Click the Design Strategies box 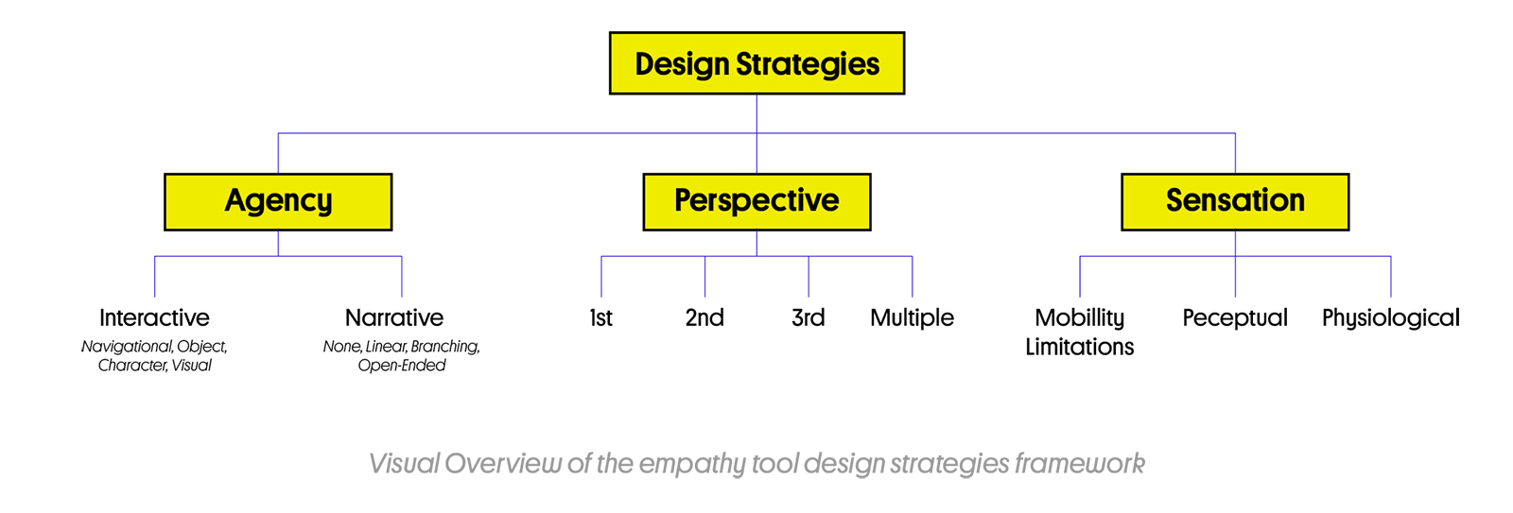pos(756,62)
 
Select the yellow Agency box pos(278,202)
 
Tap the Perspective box pos(756,202)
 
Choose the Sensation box pos(1235,202)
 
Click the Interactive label pos(154,317)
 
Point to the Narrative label pos(394,317)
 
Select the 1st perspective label pos(600,317)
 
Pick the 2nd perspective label pos(704,317)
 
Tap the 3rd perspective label pos(808,317)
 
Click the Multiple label pos(912,317)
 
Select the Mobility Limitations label pos(1079,332)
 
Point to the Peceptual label pos(1235,318)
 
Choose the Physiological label pos(1391,318)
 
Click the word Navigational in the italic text pos(127,347)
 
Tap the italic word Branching pos(445,347)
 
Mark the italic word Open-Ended pos(402,366)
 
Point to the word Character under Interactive pos(132,366)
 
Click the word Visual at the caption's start pos(404,463)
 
